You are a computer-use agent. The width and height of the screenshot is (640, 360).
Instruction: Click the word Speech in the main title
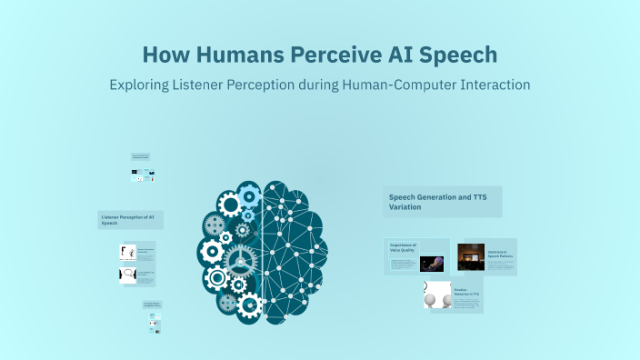point(459,55)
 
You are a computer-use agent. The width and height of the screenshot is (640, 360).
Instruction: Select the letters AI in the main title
point(398,55)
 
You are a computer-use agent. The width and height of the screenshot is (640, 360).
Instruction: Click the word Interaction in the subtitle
point(495,85)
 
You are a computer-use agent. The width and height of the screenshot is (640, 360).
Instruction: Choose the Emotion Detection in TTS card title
point(467,292)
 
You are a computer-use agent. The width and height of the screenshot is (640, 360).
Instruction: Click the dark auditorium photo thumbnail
point(470,257)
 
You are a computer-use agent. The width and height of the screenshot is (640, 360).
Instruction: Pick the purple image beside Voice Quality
point(432,263)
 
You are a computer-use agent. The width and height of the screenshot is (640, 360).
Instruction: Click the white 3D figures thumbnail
point(437,295)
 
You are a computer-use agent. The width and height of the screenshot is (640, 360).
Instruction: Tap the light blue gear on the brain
point(250,195)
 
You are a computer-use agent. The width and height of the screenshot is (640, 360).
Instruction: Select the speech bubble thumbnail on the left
point(128,275)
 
